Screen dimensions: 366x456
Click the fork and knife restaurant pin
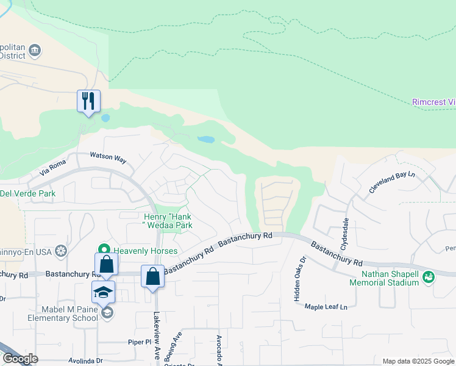88,101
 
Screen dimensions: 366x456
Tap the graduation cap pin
104,292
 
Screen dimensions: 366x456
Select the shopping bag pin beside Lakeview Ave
152,276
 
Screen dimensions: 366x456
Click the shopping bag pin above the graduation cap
106,264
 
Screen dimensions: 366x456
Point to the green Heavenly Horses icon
104,249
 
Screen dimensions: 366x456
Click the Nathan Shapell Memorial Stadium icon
429,276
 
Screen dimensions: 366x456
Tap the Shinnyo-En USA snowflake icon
60,250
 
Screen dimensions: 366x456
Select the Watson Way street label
108,158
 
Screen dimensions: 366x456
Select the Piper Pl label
139,342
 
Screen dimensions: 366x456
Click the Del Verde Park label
28,194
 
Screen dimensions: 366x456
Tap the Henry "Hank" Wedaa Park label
168,221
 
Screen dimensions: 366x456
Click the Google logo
20,359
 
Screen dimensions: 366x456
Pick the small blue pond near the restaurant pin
105,117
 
